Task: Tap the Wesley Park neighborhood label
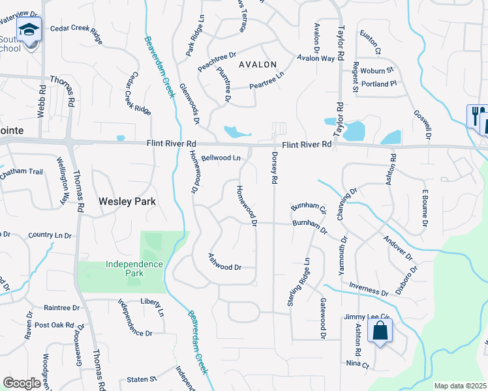(x=127, y=202)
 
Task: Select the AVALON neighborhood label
(x=258, y=65)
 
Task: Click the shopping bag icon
(x=380, y=331)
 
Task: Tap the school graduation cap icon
(x=29, y=30)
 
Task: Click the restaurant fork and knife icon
(x=477, y=116)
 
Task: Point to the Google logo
(x=22, y=383)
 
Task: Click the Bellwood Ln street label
(x=221, y=158)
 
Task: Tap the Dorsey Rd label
(x=275, y=167)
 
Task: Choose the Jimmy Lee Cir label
(x=366, y=317)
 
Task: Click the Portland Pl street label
(x=380, y=84)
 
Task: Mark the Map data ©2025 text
(x=460, y=386)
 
